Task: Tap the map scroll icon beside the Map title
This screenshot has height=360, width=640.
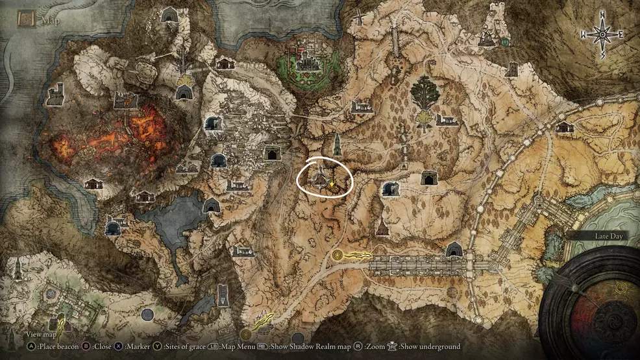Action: pyautogui.click(x=27, y=19)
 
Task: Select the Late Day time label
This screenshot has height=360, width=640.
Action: pyautogui.click(x=608, y=237)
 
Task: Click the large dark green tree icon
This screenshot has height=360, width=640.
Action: pyautogui.click(x=425, y=93)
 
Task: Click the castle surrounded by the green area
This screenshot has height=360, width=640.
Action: pyautogui.click(x=306, y=63)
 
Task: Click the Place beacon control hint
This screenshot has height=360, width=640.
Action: pyautogui.click(x=58, y=346)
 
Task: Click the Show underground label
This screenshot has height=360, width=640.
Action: pyautogui.click(x=429, y=346)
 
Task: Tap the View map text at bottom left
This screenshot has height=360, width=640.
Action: pyautogui.click(x=41, y=335)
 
